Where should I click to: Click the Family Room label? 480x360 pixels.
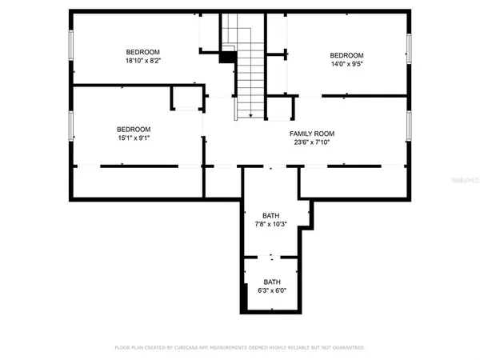point(312,134)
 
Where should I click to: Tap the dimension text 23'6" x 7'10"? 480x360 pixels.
point(312,144)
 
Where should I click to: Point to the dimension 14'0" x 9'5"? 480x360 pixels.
point(348,66)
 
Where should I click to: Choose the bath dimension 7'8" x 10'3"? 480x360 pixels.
point(271,226)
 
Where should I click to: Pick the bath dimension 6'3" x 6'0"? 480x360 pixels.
point(272,292)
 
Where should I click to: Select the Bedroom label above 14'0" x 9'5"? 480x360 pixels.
point(347,55)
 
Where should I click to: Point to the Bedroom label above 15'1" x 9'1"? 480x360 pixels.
point(133,130)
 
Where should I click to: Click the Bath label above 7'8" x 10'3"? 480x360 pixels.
point(271,215)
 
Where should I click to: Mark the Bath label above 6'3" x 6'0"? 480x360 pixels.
point(272,282)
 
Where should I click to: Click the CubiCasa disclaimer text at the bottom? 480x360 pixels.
point(240,348)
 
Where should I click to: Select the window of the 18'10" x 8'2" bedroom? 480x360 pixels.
point(72,49)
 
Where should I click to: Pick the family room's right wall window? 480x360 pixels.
point(408,125)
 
